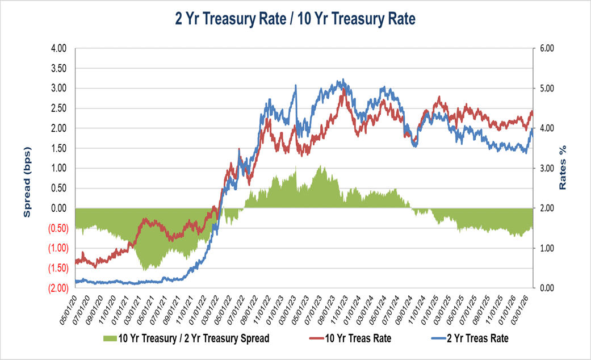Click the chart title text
point(295,19)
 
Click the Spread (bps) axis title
point(27,182)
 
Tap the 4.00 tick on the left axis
point(59,48)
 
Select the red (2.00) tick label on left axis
point(58,288)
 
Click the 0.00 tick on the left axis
point(59,208)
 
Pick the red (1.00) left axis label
point(58,248)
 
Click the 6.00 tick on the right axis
point(546,48)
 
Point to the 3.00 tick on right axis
point(546,169)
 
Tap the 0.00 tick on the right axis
point(546,288)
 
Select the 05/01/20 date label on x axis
point(70,307)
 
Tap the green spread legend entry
point(187,338)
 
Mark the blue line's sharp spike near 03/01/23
point(296,86)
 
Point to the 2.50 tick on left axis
point(59,108)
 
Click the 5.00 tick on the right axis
point(546,89)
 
